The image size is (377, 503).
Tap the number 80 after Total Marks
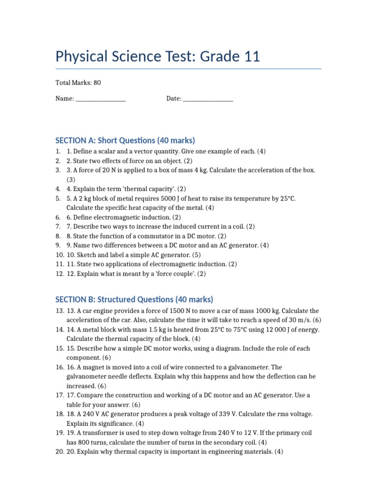[97, 83]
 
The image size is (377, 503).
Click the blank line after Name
[101, 99]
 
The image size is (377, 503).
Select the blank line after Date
[208, 99]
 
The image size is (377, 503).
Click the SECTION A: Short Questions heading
[125, 140]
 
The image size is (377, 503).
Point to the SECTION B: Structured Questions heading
[134, 299]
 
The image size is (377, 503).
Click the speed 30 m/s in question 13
[297, 320]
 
